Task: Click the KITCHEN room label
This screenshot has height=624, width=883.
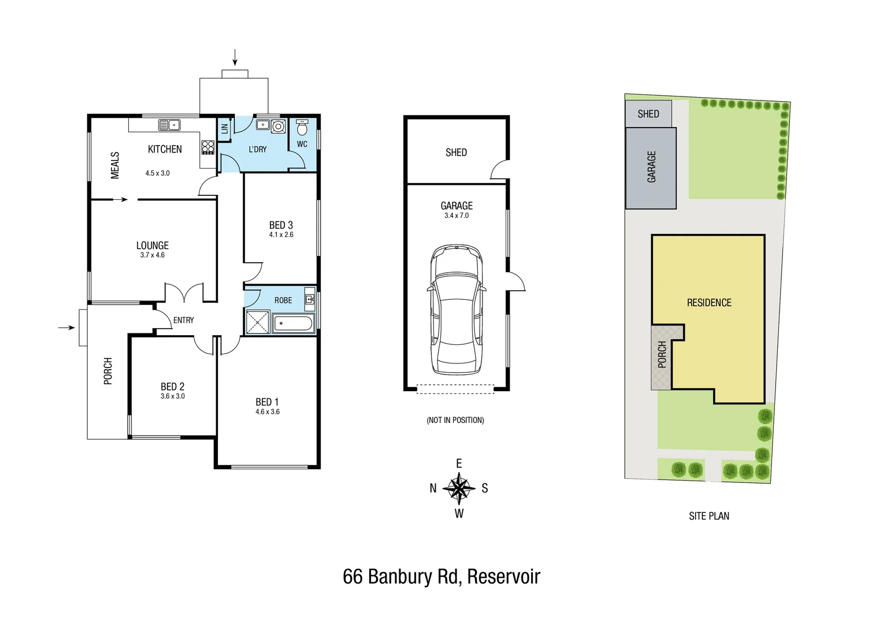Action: coord(165,149)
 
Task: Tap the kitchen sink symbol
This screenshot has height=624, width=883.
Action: coord(169,125)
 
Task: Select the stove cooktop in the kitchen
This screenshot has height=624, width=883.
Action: coord(208,147)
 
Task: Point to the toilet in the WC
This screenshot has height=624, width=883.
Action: coord(302,127)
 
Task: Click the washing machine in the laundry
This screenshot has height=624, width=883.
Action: coord(279,126)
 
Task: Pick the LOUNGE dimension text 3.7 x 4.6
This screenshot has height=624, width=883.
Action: coord(152,255)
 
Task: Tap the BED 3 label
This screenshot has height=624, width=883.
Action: coord(281,225)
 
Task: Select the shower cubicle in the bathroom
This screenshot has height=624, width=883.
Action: coord(257,322)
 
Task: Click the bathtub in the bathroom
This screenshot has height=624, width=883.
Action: coord(293,324)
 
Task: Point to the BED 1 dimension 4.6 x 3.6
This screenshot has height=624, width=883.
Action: coord(267,412)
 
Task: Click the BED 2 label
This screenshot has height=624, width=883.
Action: coord(172,387)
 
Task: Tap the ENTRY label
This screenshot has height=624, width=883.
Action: coord(183,320)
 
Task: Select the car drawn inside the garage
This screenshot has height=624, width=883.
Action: coord(457,310)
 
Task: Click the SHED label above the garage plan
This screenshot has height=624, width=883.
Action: coord(456,153)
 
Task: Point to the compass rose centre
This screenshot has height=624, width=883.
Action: coord(459,488)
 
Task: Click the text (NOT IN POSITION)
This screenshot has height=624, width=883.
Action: coord(455,420)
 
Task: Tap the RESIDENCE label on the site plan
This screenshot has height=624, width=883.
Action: coord(709,303)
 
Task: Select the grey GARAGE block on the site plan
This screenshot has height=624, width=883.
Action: coord(651,168)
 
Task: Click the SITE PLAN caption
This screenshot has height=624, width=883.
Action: coord(708,516)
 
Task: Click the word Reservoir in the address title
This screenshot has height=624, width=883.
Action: coord(503,577)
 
